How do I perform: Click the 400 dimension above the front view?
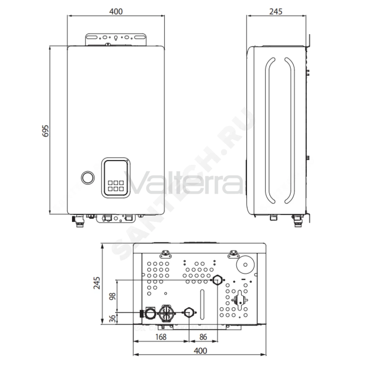point(116,11)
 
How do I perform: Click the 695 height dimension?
point(46,131)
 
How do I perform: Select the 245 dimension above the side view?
point(276,11)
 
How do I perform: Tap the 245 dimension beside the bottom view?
point(97,283)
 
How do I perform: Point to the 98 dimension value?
point(112,296)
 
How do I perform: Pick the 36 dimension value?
point(112,318)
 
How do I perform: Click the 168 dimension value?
point(161,337)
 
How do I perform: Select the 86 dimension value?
point(203,337)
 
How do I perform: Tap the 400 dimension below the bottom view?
point(200,350)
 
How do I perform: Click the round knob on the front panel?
point(88,177)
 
